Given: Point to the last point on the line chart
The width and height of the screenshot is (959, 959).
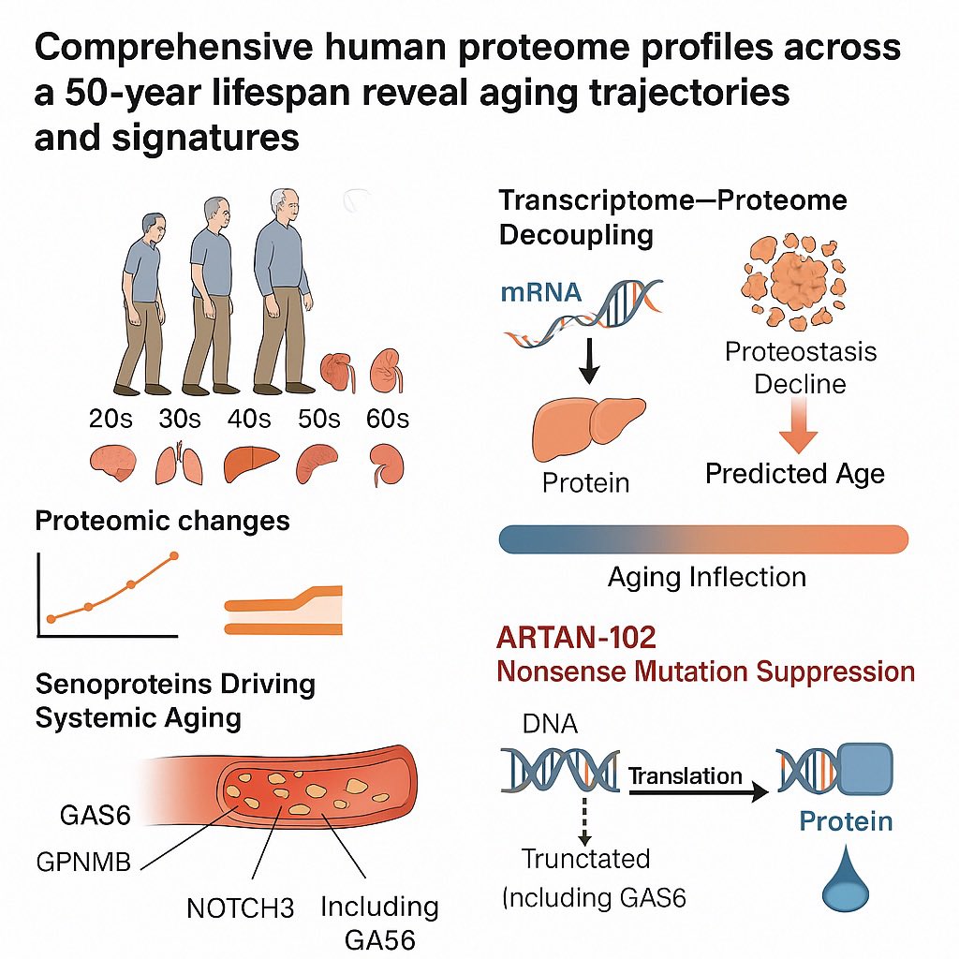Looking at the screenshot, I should (x=174, y=558).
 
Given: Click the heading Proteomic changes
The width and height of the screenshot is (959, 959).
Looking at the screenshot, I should (x=162, y=521).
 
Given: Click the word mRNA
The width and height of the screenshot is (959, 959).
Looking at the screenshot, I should (x=540, y=292).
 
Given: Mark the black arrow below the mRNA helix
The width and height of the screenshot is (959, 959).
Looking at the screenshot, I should (x=588, y=359).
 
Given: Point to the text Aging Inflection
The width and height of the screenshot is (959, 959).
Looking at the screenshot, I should (x=707, y=576).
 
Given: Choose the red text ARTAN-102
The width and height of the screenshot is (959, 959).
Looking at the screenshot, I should (x=576, y=638).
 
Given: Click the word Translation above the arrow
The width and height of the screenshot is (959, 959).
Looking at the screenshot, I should (x=686, y=775).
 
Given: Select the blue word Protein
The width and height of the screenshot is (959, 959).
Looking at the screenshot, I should (x=845, y=821).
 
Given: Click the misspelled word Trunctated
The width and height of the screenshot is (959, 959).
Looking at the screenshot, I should (x=585, y=858).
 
